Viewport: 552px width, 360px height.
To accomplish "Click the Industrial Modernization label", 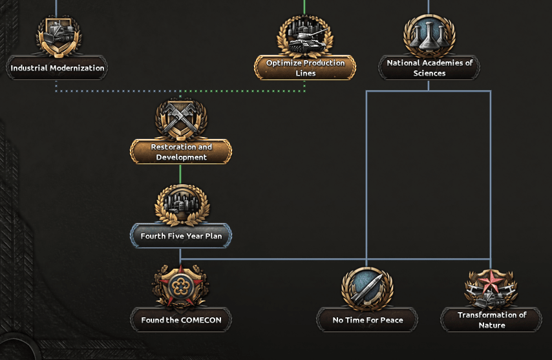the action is tap(57, 68).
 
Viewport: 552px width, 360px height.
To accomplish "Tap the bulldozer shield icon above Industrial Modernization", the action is tap(58, 36).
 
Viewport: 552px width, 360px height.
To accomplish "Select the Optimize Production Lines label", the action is tap(305, 68).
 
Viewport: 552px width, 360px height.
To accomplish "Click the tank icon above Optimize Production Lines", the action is tap(305, 36).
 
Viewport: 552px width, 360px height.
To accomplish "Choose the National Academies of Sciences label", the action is tap(429, 68).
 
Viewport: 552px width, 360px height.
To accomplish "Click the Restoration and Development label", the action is tap(181, 152).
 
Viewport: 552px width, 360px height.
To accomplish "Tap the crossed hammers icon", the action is tap(181, 120).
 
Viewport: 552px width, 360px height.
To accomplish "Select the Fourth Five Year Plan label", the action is tap(181, 236).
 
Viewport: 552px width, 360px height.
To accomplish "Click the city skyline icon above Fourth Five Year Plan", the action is tap(182, 205).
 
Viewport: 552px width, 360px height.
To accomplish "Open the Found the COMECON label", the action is tap(181, 320).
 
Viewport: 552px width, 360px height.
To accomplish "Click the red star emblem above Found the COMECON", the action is tap(180, 288).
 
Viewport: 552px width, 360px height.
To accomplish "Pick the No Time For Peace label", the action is tap(368, 320).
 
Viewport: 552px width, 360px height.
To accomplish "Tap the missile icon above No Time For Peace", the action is tap(367, 288).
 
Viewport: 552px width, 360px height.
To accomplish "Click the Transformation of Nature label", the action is tap(492, 320).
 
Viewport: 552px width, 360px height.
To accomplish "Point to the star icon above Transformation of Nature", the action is tap(491, 288).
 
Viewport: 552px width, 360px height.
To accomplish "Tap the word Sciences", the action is tap(429, 73).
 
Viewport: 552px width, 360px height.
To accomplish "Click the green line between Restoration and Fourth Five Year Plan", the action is tap(180, 174).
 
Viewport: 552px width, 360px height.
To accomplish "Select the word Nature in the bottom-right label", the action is tap(492, 325).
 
